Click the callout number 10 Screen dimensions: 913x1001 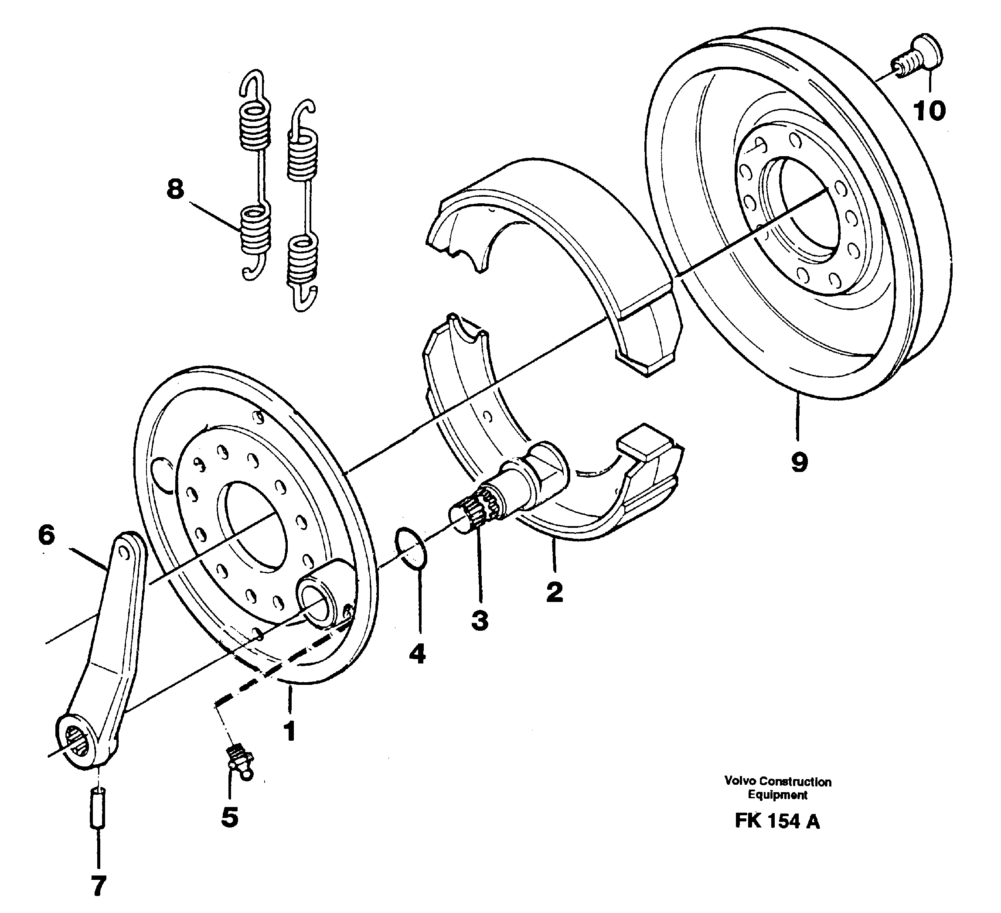929,110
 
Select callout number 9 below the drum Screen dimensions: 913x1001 799,462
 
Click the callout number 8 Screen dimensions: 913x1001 175,189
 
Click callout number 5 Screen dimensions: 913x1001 229,817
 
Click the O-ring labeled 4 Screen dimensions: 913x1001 412,548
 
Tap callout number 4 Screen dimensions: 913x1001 417,654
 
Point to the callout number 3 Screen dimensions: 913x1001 480,620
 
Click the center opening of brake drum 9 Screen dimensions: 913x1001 804,209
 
